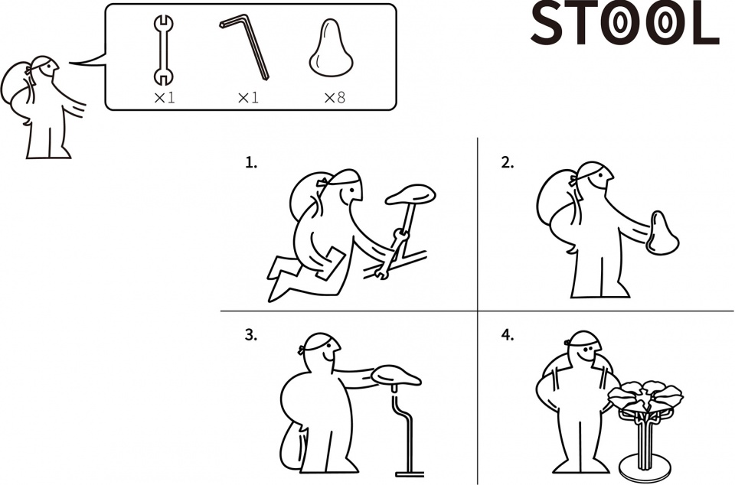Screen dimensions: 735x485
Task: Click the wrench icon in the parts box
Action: click(163, 50)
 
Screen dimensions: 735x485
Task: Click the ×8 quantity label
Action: click(335, 97)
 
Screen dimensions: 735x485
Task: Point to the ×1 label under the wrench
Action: click(164, 97)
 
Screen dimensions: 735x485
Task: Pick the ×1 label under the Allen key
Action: click(248, 97)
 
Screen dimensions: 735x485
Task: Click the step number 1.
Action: click(251, 162)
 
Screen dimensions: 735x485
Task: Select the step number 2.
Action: click(507, 162)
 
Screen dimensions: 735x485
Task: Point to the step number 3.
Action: click(251, 335)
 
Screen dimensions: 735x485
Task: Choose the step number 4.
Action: click(507, 335)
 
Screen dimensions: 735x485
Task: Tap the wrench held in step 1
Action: click(392, 252)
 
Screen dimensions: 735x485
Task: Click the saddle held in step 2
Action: click(661, 233)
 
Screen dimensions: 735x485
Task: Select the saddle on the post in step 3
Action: click(396, 376)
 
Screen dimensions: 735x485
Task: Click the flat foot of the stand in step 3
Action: click(410, 474)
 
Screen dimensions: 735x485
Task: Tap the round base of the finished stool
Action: click(645, 467)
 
